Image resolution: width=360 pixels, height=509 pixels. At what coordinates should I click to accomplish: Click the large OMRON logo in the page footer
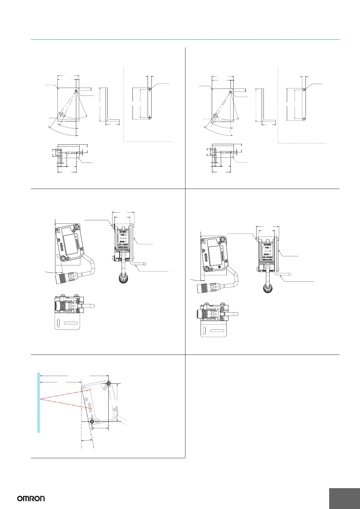pyautogui.click(x=31, y=498)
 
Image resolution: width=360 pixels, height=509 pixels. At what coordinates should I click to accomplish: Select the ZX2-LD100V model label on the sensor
pyautogui.click(x=267, y=257)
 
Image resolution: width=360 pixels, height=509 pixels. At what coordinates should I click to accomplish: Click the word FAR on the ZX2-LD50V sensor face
pyautogui.click(x=122, y=234)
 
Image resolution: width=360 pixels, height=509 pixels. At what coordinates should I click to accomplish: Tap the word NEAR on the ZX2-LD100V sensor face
pyautogui.click(x=266, y=254)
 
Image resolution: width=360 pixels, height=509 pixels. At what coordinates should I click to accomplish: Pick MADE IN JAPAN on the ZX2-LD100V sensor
pyautogui.click(x=267, y=260)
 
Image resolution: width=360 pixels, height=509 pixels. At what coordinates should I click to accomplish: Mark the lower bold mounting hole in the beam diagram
pyautogui.click(x=92, y=421)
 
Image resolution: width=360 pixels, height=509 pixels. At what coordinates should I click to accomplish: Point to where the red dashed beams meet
pyautogui.click(x=40, y=399)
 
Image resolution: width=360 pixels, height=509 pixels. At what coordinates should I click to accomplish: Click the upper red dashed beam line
pyautogui.click(x=61, y=394)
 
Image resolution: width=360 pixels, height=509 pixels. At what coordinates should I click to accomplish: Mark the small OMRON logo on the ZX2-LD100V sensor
pyautogui.click(x=267, y=245)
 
